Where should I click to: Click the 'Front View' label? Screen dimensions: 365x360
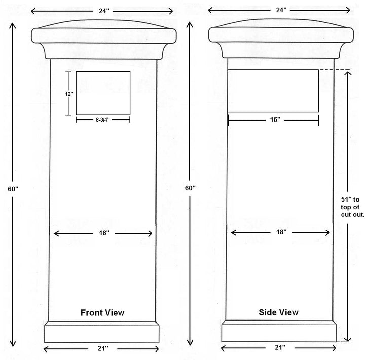coord(102,313)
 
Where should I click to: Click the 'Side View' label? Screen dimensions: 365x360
coord(278,312)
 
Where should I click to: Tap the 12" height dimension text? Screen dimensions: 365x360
coord(69,94)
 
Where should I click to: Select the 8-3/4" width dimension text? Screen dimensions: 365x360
coord(102,119)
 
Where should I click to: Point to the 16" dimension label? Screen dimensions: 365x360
coord(275,119)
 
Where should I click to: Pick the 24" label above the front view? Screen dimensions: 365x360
coord(104,11)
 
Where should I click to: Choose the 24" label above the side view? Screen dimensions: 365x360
coord(281,10)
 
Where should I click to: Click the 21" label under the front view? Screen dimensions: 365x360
coord(103,348)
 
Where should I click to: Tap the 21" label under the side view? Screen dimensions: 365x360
coord(280,347)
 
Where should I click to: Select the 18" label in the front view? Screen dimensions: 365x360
coord(104,233)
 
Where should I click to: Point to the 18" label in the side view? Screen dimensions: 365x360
coord(281,232)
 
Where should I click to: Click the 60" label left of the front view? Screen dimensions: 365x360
coord(13,189)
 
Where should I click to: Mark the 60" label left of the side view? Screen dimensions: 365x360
coord(190,188)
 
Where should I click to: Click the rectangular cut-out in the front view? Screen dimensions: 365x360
coord(103,93)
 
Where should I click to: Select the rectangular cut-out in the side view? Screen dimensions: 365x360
coord(273,91)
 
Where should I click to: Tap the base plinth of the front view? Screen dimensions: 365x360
coord(102,332)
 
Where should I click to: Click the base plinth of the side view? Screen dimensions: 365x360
coord(279,331)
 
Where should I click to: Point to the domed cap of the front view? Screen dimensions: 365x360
coord(104,39)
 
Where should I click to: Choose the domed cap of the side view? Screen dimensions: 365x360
coord(281,38)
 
